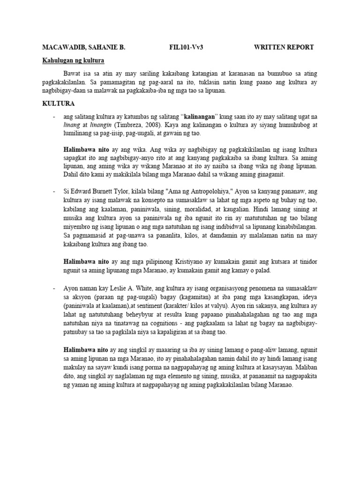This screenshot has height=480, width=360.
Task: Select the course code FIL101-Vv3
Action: [x=187, y=47]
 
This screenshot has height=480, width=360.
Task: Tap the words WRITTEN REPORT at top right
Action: [x=284, y=47]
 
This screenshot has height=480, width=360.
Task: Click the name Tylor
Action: [x=124, y=191]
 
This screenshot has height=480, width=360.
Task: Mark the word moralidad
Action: [x=198, y=208]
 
